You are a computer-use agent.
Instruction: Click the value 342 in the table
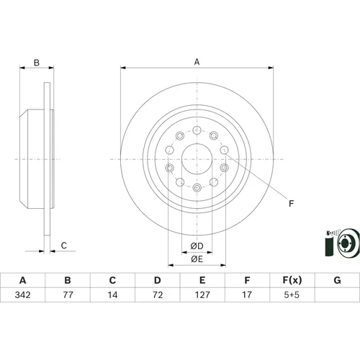pos(22,294)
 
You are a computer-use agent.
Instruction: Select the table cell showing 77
pos(68,294)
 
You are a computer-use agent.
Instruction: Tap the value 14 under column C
pos(112,294)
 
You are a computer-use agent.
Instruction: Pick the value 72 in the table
pos(158,294)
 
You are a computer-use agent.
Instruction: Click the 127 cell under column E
pos(202,294)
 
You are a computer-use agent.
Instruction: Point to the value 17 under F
pos(247,294)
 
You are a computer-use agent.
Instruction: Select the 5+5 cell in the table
pos(292,294)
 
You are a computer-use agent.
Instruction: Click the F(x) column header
pos(292,280)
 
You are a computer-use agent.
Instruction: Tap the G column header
pos(337,280)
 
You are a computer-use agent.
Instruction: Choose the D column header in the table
pos(158,280)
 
